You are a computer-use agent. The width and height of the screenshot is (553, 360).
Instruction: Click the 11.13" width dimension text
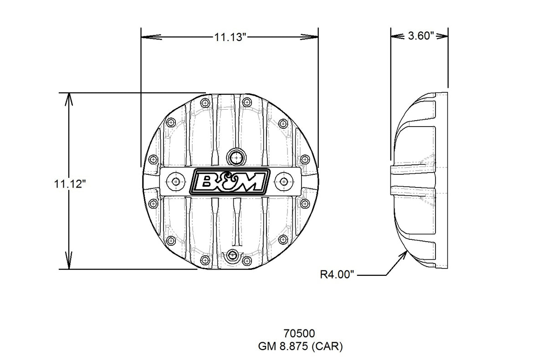click(230, 37)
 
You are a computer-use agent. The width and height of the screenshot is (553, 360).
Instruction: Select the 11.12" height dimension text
click(70, 184)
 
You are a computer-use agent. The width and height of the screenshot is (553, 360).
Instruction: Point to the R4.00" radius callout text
click(337, 274)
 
